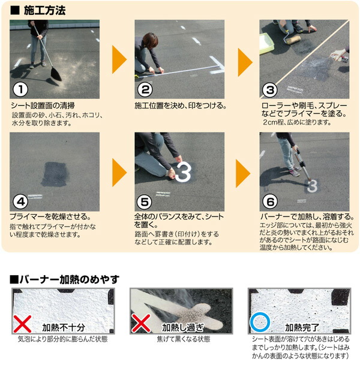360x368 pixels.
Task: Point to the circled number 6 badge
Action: point(270,201)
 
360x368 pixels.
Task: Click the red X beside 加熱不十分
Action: point(23,324)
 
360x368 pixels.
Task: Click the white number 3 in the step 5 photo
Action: point(184,171)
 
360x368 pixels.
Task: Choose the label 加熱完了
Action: point(303,327)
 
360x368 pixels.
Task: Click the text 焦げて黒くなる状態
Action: point(178,339)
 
